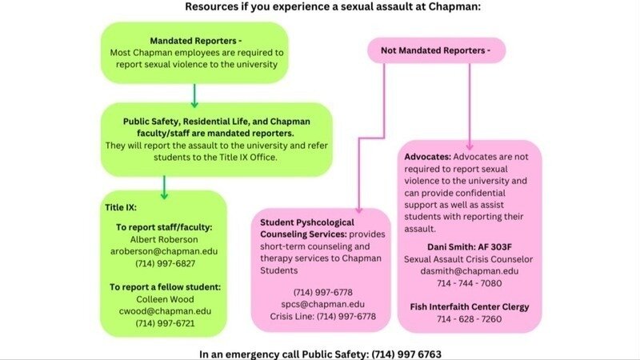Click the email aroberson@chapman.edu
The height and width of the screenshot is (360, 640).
(x=164, y=251)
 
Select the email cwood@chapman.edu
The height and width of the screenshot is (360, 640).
(x=165, y=311)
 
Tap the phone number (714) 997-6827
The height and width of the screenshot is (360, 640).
(x=165, y=264)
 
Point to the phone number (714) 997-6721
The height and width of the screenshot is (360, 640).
(x=165, y=323)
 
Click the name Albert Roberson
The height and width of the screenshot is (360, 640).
(x=164, y=239)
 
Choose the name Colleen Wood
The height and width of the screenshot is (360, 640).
(x=165, y=299)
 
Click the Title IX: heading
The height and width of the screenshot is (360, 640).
(x=121, y=207)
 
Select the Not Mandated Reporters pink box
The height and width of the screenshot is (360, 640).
(x=436, y=50)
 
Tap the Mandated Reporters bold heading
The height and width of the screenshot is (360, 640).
(x=195, y=41)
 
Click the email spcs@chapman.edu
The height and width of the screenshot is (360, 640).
(x=323, y=304)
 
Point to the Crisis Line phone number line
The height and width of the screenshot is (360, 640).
(x=323, y=316)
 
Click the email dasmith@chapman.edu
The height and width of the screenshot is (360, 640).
(x=470, y=271)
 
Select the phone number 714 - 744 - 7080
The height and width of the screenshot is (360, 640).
(x=470, y=283)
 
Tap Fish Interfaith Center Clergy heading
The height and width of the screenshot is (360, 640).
(x=470, y=307)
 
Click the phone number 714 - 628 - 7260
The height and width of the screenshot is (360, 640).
(x=470, y=319)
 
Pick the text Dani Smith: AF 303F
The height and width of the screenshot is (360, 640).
(x=470, y=247)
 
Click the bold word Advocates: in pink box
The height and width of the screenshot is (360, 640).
(x=428, y=157)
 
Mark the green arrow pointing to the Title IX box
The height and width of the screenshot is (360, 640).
(x=164, y=188)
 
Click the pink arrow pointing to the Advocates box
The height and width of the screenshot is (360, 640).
(x=470, y=107)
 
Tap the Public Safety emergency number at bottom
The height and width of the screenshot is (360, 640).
(x=406, y=354)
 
